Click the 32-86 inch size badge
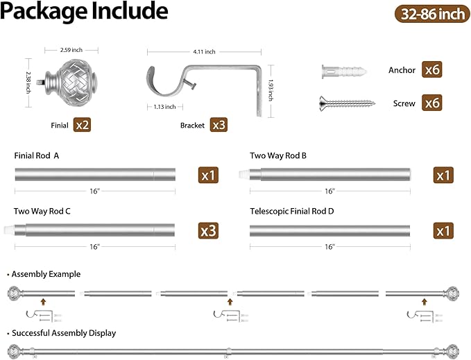(x=432, y=14)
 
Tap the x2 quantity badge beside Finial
(x=82, y=125)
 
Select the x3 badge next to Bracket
(x=219, y=125)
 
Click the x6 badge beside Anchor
(x=431, y=69)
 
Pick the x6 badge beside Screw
(x=431, y=103)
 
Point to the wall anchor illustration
(x=344, y=72)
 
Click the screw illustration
(x=347, y=103)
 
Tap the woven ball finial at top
(x=72, y=80)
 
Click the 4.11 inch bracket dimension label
(x=204, y=51)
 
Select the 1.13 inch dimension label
(x=164, y=107)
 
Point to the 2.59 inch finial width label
(x=71, y=50)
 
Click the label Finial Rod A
(x=37, y=155)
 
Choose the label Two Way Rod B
(x=278, y=155)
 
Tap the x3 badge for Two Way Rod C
(x=208, y=230)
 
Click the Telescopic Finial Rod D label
(x=291, y=212)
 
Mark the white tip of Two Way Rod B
(x=244, y=174)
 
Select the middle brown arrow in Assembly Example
(x=230, y=302)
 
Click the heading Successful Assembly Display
(x=64, y=333)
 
